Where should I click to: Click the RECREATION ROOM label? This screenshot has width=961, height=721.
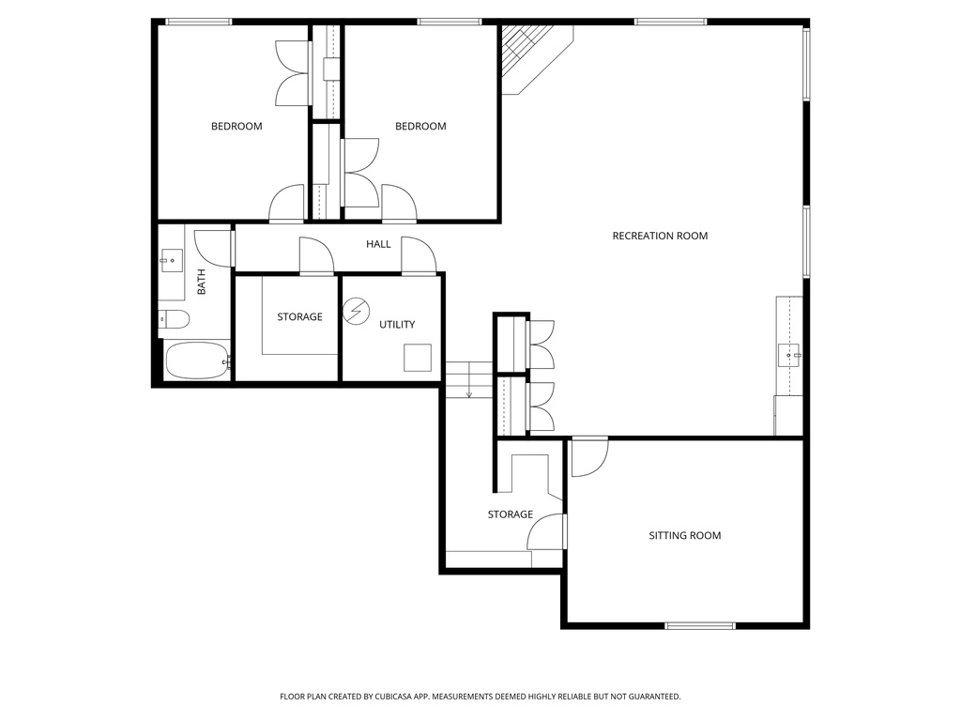(660, 236)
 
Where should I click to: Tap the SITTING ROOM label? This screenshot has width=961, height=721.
(685, 535)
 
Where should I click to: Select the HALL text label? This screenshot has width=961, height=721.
(378, 244)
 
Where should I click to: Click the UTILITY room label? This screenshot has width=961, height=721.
(397, 325)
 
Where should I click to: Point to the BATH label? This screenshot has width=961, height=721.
(201, 283)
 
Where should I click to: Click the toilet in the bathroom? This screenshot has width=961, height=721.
(174, 319)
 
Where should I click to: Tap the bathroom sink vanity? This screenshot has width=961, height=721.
(172, 260)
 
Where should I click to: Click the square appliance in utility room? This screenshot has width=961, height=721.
(417, 359)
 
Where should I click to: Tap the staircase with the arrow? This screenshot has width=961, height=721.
(468, 379)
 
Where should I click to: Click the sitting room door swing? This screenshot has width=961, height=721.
(588, 457)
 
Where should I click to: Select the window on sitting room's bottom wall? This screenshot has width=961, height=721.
(700, 625)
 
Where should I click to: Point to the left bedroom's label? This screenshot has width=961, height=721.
(236, 126)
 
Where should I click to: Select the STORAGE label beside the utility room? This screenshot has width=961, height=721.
(299, 317)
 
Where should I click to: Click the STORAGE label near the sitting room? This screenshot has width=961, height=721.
(511, 514)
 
